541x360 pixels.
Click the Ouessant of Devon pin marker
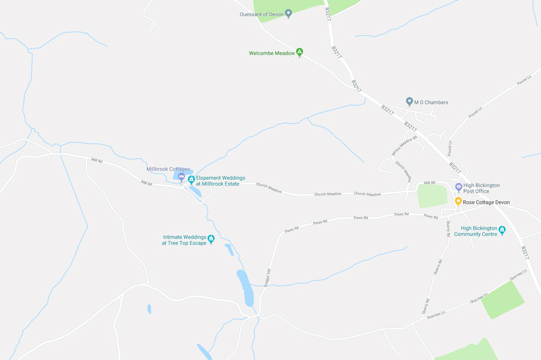(288, 13)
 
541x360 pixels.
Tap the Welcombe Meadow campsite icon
(300, 53)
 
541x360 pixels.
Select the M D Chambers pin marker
(409, 102)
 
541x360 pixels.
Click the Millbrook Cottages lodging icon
(182, 177)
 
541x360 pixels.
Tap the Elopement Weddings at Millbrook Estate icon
(191, 179)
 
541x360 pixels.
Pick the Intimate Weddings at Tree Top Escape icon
(211, 239)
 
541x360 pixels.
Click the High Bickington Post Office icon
(459, 188)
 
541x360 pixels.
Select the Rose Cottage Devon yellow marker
(458, 202)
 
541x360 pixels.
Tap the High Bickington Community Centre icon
(502, 230)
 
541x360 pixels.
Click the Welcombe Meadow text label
(272, 53)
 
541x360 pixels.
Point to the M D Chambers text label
(432, 103)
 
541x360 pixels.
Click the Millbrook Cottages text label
(168, 169)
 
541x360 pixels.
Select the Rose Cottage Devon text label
(486, 203)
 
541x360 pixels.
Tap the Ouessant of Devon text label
(261, 13)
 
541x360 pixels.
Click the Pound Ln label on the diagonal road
(475, 112)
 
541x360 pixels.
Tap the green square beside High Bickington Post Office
(432, 196)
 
